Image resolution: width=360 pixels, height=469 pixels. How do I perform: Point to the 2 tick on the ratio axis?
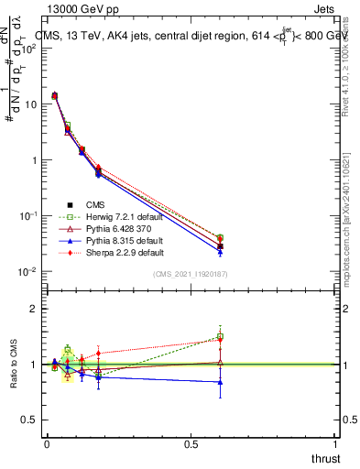point(36,309)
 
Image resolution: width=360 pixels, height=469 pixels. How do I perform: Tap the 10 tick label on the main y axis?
point(32,104)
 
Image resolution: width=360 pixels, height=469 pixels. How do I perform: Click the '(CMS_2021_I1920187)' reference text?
point(191,275)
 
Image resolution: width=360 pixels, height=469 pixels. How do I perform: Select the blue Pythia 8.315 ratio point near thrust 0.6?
point(220,382)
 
